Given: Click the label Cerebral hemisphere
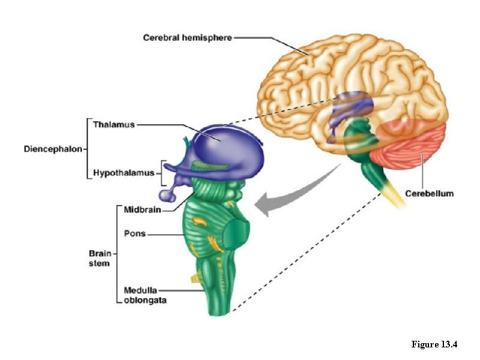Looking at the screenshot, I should pos(187,37).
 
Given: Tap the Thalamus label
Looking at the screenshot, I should pos(114,125).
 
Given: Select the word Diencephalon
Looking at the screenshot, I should pos(53,148).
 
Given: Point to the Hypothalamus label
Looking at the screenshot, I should pos(123,174).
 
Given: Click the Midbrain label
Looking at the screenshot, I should pos(142,210).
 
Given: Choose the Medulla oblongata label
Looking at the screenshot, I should pos(145,295).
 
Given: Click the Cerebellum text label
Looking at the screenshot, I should pos(429,193).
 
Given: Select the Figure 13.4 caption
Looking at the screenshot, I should pos(434,344).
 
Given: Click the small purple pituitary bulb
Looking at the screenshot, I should pos(166,194).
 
